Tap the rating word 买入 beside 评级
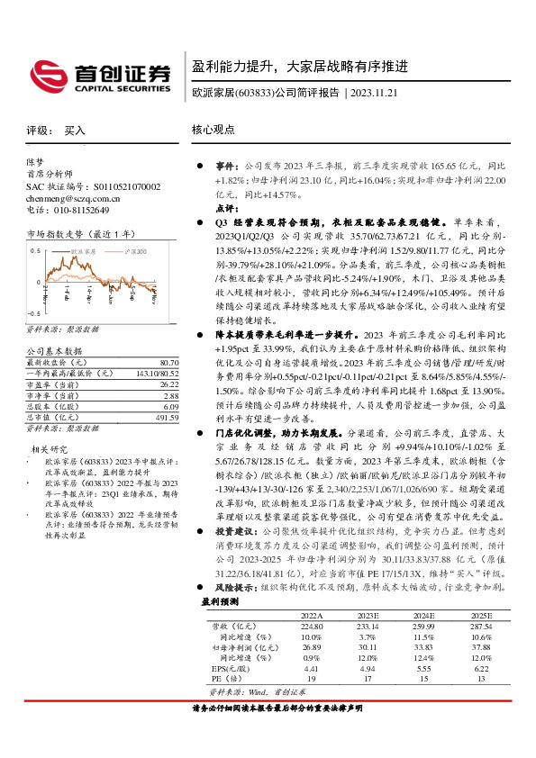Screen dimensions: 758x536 (75, 131)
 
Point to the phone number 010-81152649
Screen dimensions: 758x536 (78, 209)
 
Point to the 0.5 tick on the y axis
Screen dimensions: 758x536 (34, 245)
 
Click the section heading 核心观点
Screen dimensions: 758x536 (212, 131)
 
